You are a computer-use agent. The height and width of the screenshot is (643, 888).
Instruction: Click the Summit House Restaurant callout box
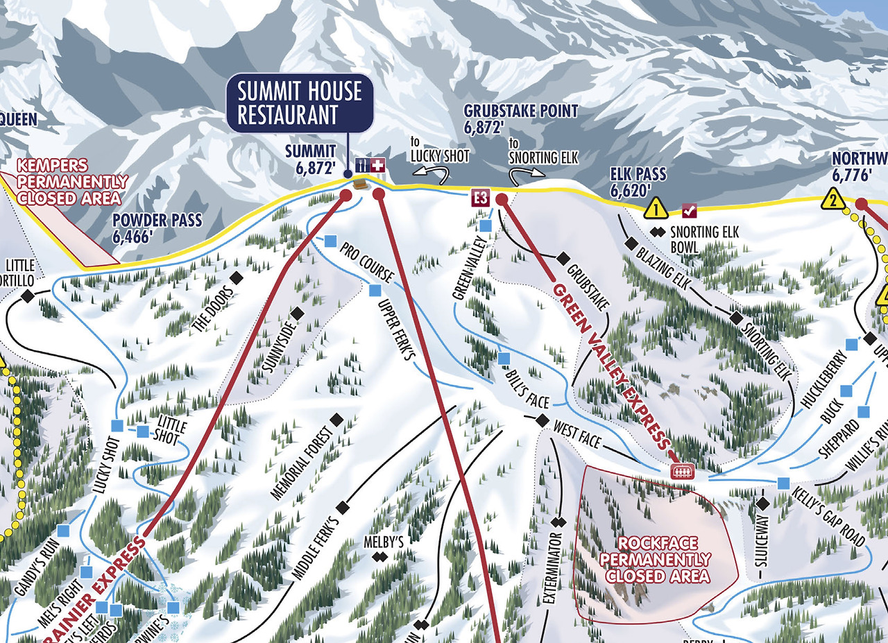299,103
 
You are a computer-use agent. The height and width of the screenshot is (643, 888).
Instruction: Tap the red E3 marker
480,198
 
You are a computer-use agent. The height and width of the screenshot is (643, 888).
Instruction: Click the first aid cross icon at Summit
378,165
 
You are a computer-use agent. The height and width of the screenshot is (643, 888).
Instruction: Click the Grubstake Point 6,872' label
520,118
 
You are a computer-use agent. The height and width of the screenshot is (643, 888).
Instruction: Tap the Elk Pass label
638,181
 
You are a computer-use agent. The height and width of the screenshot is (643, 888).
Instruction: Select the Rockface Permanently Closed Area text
655,559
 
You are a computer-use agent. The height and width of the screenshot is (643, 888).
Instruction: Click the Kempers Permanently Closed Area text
72,182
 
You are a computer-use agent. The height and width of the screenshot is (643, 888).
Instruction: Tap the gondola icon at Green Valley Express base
683,472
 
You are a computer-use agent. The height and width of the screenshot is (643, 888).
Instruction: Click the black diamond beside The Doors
237,277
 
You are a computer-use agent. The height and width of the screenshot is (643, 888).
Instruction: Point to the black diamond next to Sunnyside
298,314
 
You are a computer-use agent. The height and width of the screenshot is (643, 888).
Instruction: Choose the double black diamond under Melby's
379,557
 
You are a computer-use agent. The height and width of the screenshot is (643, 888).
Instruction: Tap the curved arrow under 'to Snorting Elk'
524,174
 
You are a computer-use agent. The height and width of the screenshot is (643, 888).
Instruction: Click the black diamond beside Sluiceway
763,503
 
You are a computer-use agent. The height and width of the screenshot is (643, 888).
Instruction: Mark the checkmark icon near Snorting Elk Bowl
690,210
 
